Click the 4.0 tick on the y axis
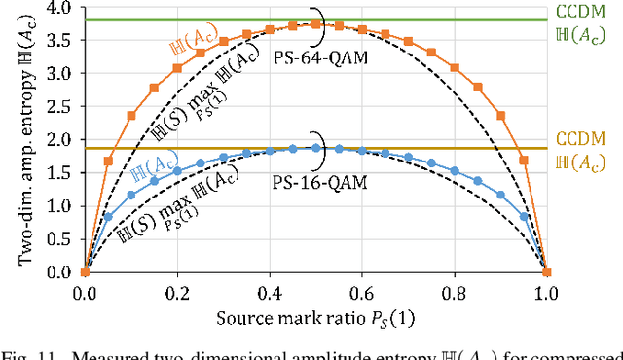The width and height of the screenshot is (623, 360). (x=60, y=9)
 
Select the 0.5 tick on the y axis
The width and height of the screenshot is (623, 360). (x=60, y=239)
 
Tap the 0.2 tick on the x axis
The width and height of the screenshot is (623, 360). (x=177, y=291)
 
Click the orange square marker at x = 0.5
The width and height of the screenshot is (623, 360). (x=316, y=24)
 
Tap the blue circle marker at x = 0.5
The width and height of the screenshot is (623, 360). (x=316, y=149)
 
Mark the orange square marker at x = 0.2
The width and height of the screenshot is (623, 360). (x=177, y=68)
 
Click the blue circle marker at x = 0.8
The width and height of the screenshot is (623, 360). (x=455, y=181)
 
